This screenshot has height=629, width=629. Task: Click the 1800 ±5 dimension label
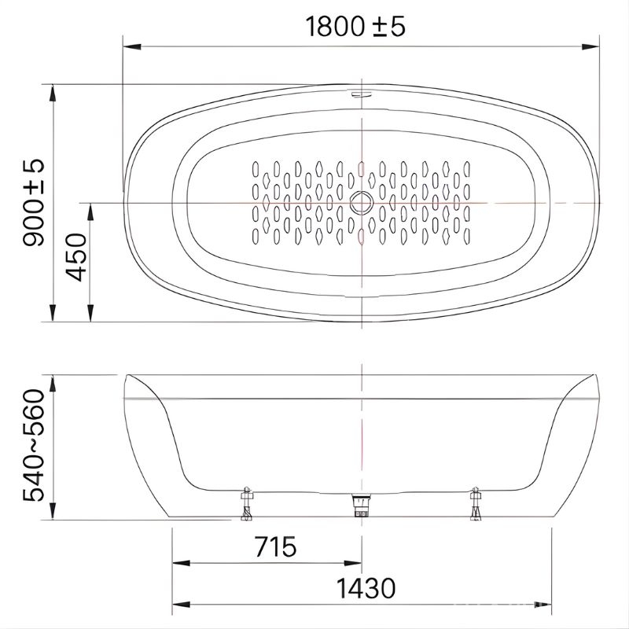[x=355, y=27]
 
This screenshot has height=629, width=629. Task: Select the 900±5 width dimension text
[x=34, y=203]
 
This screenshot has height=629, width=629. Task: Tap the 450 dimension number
[x=76, y=257]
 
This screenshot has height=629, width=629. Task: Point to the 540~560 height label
[x=34, y=445]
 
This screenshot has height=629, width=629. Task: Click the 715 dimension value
[x=276, y=546]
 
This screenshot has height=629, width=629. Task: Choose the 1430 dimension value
[x=366, y=588]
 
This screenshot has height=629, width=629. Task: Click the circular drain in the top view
[x=362, y=203]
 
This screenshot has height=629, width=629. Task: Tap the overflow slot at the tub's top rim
[x=362, y=94]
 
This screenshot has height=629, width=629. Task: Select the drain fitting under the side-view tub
[x=361, y=505]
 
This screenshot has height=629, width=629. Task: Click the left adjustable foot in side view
[x=246, y=504]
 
